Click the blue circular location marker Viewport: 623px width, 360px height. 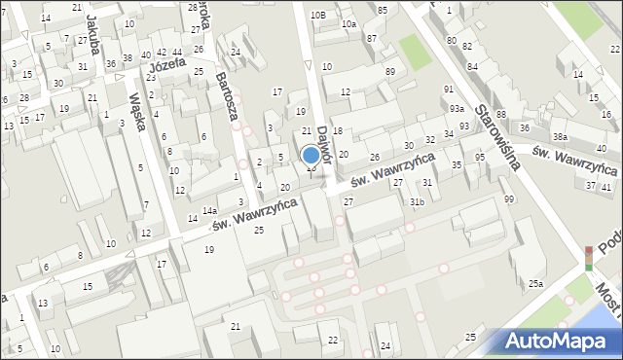(x=311, y=155)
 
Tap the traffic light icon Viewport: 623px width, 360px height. (x=588, y=259)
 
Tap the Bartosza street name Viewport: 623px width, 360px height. (x=228, y=96)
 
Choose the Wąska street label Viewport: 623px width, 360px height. (x=135, y=115)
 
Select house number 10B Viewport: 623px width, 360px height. (x=317, y=15)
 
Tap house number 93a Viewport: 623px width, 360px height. (x=457, y=108)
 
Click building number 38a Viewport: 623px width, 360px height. (x=561, y=136)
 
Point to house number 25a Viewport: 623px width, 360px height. (x=535, y=283)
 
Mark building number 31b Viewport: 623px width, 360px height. (x=417, y=201)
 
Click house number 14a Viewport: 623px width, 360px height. (x=209, y=210)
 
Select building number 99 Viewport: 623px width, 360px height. (x=508, y=199)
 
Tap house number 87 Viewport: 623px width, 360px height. (x=372, y=38)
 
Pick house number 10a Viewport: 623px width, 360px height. (x=348, y=23)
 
